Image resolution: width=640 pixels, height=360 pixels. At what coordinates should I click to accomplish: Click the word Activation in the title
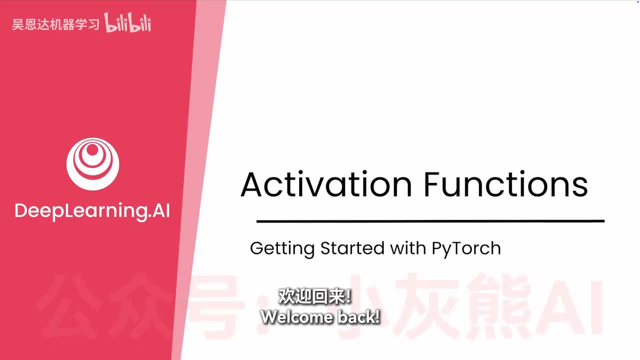click(x=326, y=184)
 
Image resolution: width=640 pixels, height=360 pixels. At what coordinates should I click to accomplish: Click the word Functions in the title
click(x=505, y=184)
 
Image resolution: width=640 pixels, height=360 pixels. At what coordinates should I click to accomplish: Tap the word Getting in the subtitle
click(x=282, y=249)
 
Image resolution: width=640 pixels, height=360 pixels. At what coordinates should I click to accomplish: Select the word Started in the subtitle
click(x=352, y=248)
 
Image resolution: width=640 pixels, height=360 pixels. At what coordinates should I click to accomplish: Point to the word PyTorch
click(x=466, y=249)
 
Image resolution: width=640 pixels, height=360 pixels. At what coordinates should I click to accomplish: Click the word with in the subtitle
click(x=408, y=248)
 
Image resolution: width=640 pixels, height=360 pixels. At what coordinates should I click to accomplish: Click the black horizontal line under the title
click(x=430, y=221)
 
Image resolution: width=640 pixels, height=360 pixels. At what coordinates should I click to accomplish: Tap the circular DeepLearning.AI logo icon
click(x=92, y=164)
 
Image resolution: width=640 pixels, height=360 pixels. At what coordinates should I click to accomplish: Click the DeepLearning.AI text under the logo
click(x=92, y=211)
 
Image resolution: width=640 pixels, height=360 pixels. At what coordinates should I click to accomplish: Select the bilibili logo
click(x=127, y=22)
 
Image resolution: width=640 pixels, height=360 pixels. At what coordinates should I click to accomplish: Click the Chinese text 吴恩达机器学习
click(x=55, y=24)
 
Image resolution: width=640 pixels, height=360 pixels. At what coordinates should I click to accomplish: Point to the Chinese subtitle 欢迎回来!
click(x=315, y=296)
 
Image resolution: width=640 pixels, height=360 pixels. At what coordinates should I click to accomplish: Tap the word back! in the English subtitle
click(x=359, y=317)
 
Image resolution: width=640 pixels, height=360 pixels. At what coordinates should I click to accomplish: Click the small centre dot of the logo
click(x=92, y=149)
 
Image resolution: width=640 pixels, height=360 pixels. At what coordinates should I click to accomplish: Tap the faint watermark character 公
click(x=75, y=305)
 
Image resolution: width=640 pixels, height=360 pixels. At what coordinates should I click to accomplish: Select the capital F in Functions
click(x=432, y=184)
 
